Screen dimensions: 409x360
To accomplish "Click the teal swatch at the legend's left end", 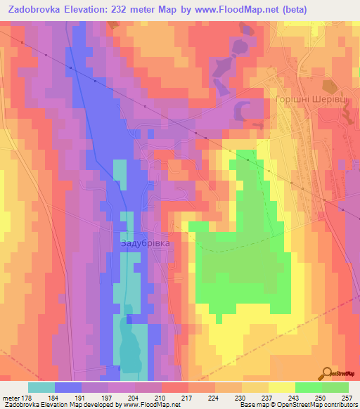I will pos(41,387).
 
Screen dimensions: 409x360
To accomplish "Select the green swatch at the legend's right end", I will pos(335,387).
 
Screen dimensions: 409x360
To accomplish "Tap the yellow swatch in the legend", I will pos(281,387).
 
